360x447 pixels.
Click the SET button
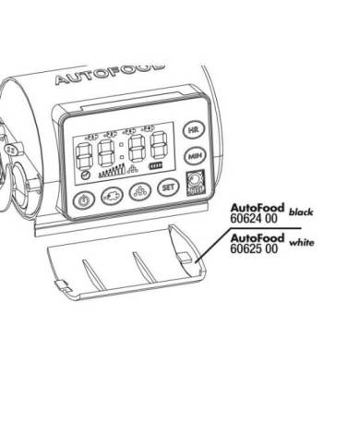(167, 188)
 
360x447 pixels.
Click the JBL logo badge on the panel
(194, 182)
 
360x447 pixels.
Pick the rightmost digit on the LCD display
(158, 145)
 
